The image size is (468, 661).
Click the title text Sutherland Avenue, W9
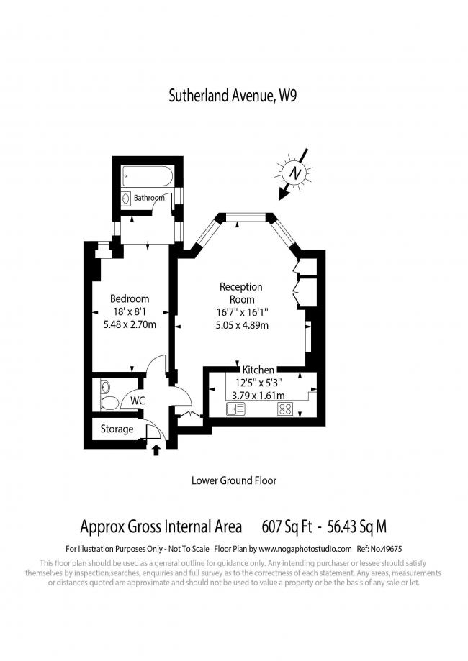point(233,95)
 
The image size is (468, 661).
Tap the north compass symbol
point(292,173)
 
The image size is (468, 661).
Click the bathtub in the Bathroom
point(147,175)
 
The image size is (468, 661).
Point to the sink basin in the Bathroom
point(126,199)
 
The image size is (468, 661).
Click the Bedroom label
point(130,298)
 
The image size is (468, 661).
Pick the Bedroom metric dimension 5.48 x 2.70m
point(130,324)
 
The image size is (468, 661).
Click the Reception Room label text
point(241,293)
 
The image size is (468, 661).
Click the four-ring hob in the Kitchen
point(285,409)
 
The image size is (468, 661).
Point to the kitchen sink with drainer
point(235,409)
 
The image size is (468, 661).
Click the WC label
point(137,399)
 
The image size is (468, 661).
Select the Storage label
point(117,429)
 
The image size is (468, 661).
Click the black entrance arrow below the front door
point(156,450)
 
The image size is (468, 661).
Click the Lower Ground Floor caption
point(234,480)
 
